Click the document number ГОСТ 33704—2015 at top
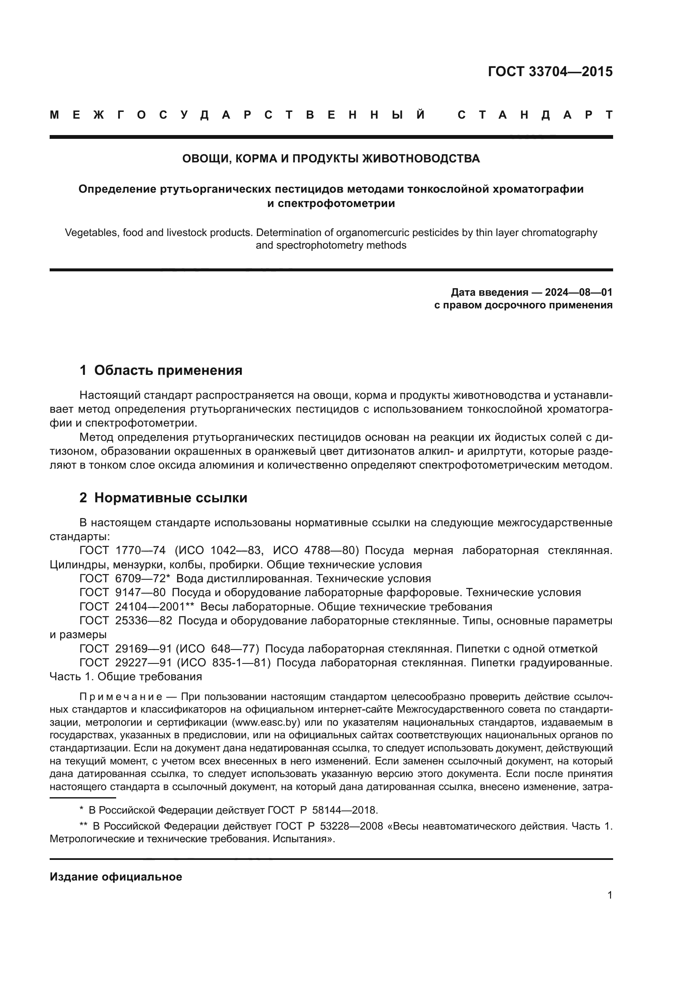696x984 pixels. pos(550,72)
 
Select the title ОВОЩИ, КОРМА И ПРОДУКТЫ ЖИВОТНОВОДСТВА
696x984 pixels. pos(331,159)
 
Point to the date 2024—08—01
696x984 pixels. pos(579,292)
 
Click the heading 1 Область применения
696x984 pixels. pos(161,370)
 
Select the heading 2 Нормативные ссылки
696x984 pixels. pos(163,498)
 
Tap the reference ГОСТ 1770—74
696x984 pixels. pos(122,551)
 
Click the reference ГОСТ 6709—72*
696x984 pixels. pos(125,578)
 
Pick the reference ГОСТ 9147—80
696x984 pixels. pos(122,593)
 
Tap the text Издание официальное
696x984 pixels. pos(116,877)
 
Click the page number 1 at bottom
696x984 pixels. pos(609,895)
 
